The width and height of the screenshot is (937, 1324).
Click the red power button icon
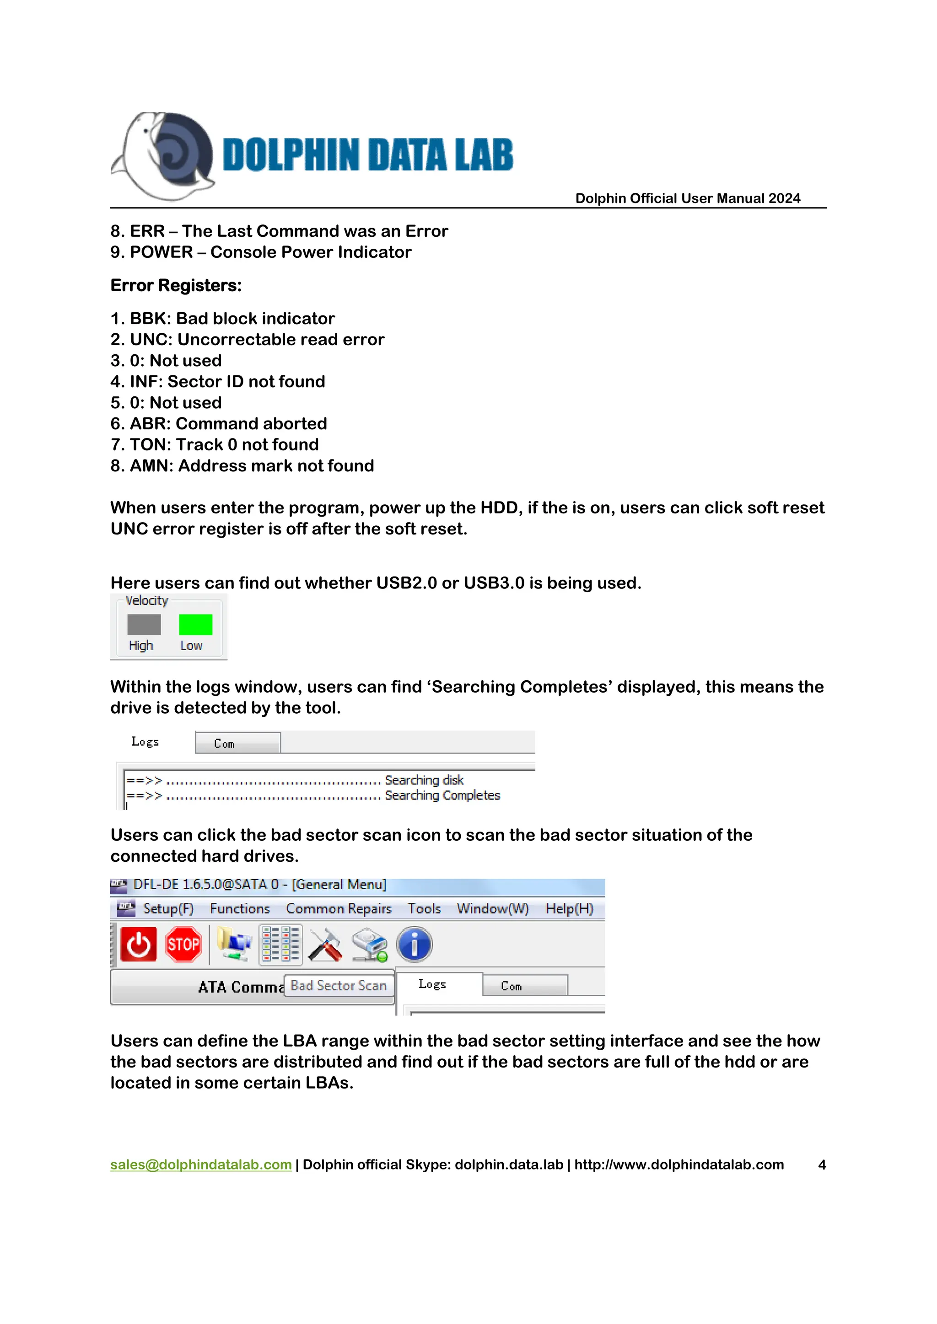tap(139, 945)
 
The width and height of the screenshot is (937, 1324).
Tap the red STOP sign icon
tap(183, 945)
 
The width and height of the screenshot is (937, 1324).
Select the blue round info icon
tap(414, 945)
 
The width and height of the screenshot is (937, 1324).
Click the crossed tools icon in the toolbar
tap(325, 945)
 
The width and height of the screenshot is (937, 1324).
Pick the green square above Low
tap(196, 625)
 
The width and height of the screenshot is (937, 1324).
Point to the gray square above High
tap(144, 625)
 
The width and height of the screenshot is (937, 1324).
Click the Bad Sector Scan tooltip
tap(339, 986)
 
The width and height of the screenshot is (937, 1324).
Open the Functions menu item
tap(239, 909)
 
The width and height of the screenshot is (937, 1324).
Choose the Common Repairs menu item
tap(339, 909)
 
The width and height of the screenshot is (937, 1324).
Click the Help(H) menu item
tap(569, 909)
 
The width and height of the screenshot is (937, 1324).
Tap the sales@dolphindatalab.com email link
tap(201, 1164)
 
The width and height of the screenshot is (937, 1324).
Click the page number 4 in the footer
tap(822, 1165)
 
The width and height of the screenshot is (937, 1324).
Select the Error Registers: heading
tap(176, 285)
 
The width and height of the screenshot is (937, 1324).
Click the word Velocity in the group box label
tap(146, 601)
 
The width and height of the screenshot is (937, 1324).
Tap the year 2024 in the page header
tap(784, 198)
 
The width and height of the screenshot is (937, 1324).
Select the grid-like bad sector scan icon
tap(280, 945)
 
